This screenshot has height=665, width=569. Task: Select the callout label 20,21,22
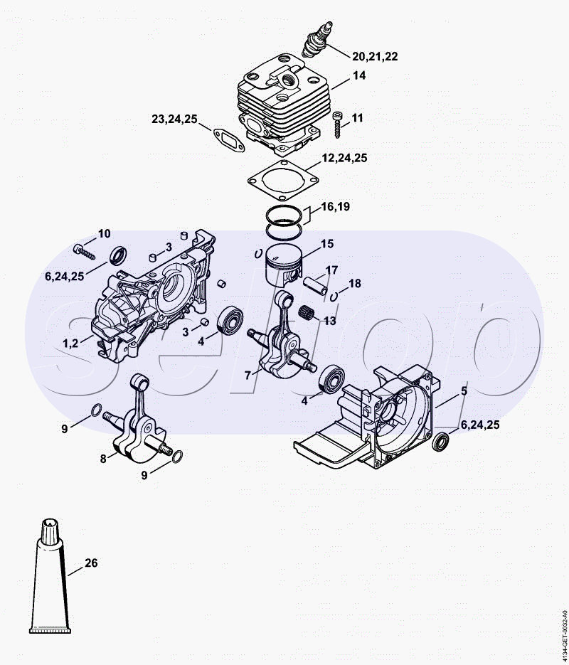click(375, 56)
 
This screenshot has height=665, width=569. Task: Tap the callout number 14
click(358, 75)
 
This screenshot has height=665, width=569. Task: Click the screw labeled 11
click(338, 124)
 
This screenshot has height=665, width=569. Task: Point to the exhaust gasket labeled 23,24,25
click(229, 140)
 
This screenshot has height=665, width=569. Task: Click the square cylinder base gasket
click(283, 181)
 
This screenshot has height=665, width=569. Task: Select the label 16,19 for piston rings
click(336, 206)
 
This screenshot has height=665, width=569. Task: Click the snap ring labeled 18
click(334, 297)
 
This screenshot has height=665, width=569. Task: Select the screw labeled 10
click(85, 252)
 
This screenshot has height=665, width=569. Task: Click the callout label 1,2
click(70, 343)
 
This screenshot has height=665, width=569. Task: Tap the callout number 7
click(248, 375)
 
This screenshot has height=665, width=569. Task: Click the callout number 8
click(103, 459)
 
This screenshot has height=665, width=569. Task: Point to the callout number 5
click(464, 391)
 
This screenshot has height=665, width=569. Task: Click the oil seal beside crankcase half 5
click(440, 442)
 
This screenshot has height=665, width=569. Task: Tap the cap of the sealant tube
click(50, 531)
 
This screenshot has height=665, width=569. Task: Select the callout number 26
click(91, 563)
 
